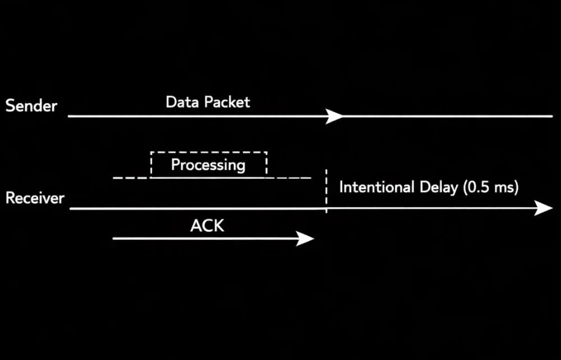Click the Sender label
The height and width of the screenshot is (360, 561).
point(31,106)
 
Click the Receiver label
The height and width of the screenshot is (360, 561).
point(35,198)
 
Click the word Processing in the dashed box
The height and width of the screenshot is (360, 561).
point(208,165)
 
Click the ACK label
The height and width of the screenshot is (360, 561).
point(207,226)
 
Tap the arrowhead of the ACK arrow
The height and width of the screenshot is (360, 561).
point(308,239)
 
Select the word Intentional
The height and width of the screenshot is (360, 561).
point(377,188)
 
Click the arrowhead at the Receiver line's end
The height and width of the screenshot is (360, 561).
point(544,208)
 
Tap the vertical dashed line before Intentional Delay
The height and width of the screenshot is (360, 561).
point(326,191)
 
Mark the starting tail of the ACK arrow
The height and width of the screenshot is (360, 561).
point(114,239)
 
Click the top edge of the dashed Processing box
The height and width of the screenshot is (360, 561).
point(209,153)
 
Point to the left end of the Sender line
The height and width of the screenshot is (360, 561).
point(69,116)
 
